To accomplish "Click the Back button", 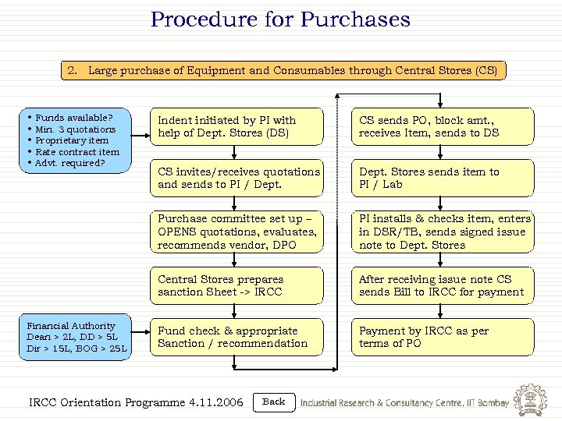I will pos(274,402).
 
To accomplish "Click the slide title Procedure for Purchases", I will pos(280,19).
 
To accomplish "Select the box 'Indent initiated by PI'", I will pos(237,126).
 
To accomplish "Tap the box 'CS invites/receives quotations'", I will pos(237,178).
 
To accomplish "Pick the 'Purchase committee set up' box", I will pos(237,232).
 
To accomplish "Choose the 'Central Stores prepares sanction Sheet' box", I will pos(237,285).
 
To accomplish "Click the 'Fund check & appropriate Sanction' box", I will pos(237,337).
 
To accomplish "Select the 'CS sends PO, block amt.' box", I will pos(443,126).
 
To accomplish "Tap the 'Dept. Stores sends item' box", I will pos(443,178).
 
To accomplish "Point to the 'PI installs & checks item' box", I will pos(443,232).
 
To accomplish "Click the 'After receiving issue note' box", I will pos(443,285).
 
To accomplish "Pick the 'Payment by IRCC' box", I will pos(443,337).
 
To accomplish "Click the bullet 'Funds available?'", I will pos(74,118).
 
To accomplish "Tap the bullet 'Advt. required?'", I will pos(69,163).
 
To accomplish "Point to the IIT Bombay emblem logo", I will pos(532,400).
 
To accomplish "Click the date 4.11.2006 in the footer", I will pos(216,403).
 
